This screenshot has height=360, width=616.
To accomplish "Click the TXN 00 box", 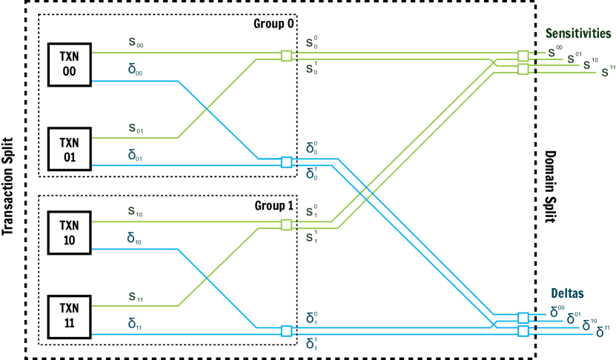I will [x=69, y=64].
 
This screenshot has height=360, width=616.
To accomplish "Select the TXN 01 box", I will [x=69, y=149].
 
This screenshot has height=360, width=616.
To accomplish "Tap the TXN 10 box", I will [x=69, y=233].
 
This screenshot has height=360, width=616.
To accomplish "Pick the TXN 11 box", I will [x=69, y=317].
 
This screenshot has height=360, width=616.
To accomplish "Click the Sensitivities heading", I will [x=577, y=34].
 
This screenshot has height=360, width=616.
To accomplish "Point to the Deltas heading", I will [x=567, y=293].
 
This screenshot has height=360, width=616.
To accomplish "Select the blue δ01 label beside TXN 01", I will [x=136, y=156].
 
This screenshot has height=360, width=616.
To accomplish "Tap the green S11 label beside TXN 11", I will [x=136, y=297].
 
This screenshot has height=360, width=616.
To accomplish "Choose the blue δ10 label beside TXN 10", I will [x=136, y=239].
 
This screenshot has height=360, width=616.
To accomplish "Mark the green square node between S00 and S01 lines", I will [x=286, y=56].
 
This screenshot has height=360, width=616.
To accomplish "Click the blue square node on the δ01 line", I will [x=286, y=162].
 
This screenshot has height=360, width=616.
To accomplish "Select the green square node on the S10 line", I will [x=286, y=224].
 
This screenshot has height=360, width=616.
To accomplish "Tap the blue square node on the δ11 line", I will [x=286, y=331].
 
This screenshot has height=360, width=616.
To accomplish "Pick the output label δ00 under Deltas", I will [x=557, y=312].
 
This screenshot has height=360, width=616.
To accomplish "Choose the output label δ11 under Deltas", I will [x=603, y=331].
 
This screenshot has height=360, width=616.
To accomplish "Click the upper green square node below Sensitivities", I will [x=523, y=56].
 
